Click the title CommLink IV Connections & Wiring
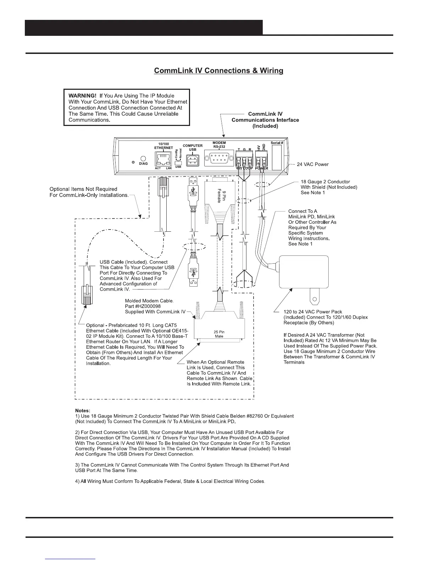click(x=218, y=71)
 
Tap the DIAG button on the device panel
click(x=143, y=159)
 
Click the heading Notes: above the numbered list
click(x=83, y=411)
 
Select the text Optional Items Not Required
click(x=83, y=189)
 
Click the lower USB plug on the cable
click(x=193, y=276)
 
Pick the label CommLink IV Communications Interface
click(x=265, y=120)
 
